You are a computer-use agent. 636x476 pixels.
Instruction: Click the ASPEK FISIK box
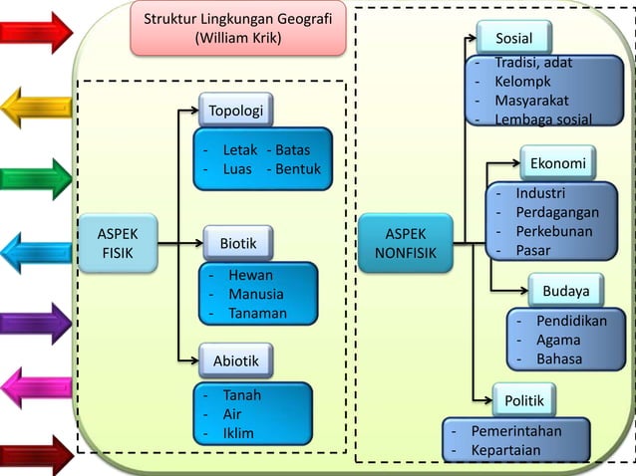coord(119,243)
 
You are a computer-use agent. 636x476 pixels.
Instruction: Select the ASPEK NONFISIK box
coord(405,243)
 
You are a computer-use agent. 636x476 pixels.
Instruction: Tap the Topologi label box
coord(235,111)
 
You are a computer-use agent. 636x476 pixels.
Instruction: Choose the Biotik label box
coord(238,243)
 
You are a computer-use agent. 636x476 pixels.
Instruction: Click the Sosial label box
coord(513,39)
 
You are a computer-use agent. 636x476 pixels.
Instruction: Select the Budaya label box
coord(565,291)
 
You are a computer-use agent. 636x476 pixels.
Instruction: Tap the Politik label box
coord(524,401)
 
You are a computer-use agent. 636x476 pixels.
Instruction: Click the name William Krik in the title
coord(237,38)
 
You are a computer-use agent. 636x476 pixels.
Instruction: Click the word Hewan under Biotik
coord(250,275)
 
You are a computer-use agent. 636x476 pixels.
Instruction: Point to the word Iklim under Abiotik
coord(238,433)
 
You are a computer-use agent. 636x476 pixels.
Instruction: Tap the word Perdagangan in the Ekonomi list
coord(557,212)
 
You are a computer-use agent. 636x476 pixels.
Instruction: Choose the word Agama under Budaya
coord(558,341)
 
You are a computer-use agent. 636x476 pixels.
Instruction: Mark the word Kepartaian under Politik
coord(505,450)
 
